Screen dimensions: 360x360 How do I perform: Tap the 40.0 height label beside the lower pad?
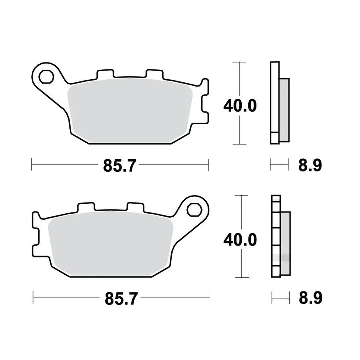[240, 240]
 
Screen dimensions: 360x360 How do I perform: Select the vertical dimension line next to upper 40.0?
[240, 80]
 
